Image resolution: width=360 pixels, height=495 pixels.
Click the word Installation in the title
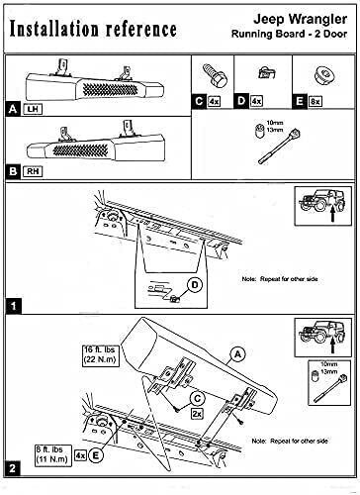pos(54,29)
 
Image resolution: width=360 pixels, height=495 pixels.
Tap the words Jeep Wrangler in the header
pos(300,19)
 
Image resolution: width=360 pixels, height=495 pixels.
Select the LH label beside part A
pos(33,109)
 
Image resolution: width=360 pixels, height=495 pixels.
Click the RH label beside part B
pos(33,171)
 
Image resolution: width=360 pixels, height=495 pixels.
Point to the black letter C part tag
pos(199,101)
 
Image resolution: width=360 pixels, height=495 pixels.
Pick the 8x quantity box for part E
pos(315,101)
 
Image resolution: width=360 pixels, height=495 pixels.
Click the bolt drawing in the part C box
pos(214,75)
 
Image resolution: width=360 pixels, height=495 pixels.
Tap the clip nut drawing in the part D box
pos(266,72)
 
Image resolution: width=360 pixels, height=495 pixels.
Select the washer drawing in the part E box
pos(323,76)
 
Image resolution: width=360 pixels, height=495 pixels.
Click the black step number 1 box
pos(13,306)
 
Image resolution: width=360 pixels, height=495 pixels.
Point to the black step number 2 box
pos(13,468)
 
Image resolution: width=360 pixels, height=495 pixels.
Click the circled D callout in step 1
pos(195,285)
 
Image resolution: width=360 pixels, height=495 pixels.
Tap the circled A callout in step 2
pos(237,354)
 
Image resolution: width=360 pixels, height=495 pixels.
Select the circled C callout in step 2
pos(197,399)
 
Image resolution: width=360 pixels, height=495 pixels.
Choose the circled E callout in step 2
pos(96,455)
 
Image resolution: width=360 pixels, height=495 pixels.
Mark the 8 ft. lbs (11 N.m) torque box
pos(53,455)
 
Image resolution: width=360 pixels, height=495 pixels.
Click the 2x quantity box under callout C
pos(197,414)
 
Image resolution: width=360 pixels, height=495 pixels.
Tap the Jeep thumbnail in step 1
pos(323,206)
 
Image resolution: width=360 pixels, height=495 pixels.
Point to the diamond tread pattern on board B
pos(81,150)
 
